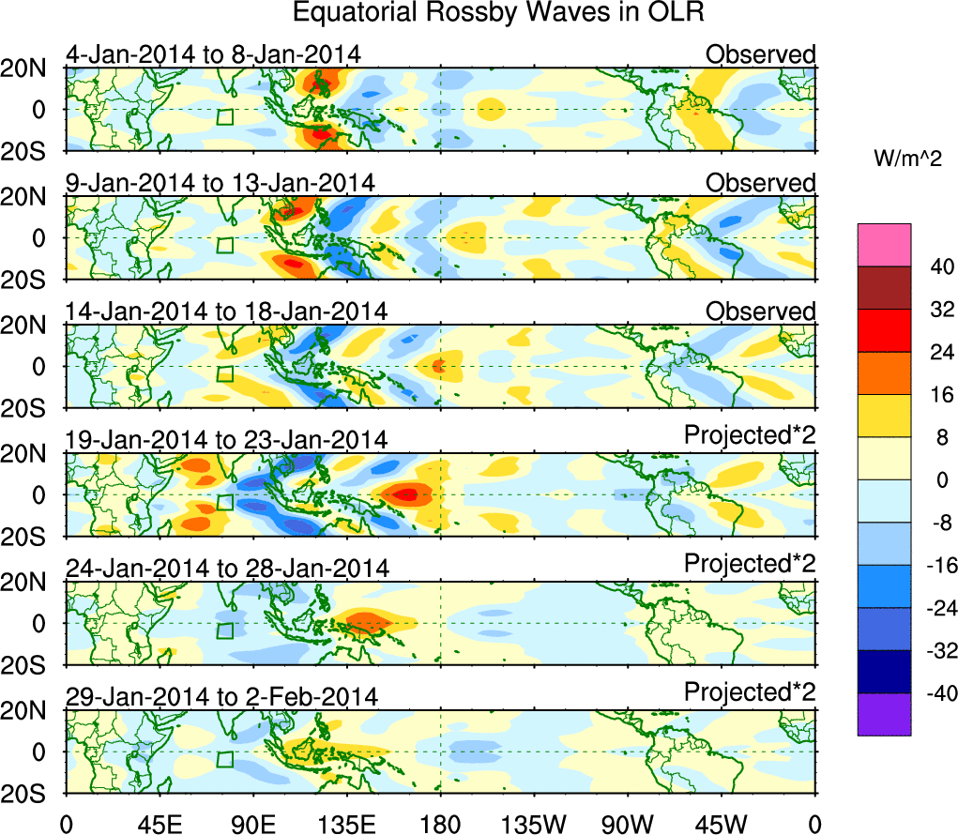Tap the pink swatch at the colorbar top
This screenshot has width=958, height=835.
[883, 245]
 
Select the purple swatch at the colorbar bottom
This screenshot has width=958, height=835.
[883, 714]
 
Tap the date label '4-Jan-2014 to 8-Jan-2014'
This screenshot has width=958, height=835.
[213, 54]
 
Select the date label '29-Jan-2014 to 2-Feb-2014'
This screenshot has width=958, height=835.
[221, 697]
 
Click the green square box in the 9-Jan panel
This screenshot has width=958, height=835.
[224, 245]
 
